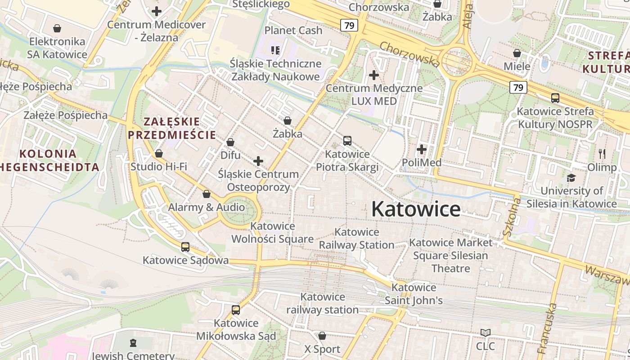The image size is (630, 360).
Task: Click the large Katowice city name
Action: [416, 209]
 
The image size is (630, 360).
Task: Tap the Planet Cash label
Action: [293, 30]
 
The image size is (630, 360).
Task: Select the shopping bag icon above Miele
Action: [517, 53]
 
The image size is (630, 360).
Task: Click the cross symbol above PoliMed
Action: [422, 149]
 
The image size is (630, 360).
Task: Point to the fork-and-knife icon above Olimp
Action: [602, 154]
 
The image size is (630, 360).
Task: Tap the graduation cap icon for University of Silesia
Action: [571, 178]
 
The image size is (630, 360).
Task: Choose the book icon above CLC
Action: [485, 333]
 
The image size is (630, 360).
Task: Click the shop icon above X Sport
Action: [322, 336]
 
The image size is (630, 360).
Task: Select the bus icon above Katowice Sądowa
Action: [185, 247]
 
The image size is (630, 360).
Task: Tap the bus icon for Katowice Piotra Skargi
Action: [347, 140]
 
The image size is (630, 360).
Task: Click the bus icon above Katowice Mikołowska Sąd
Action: [236, 310]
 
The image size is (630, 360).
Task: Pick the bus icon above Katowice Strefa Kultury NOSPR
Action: [555, 98]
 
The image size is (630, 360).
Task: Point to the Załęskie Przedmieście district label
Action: [172, 128]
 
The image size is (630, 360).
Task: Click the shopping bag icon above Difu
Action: [230, 142]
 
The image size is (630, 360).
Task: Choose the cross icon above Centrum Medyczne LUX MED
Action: [373, 75]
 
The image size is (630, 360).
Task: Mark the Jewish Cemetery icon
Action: [133, 343]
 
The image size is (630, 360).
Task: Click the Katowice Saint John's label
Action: [414, 294]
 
